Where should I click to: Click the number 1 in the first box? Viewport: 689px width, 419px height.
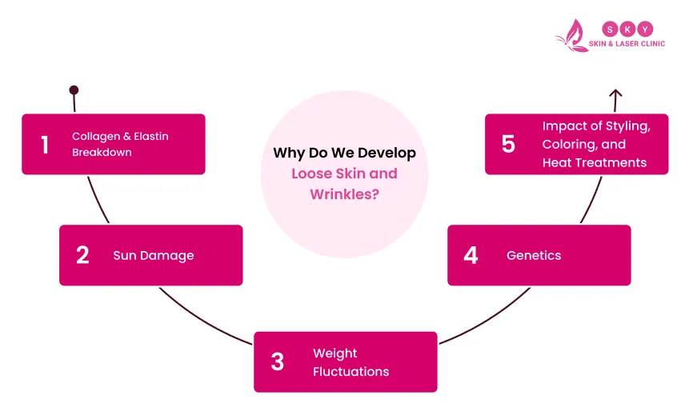click(45, 145)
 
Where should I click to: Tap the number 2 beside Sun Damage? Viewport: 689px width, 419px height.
click(82, 255)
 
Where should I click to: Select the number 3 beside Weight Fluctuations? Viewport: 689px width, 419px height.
click(277, 362)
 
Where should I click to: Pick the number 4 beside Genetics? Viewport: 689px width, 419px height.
click(471, 255)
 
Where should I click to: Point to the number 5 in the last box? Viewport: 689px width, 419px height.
click(508, 144)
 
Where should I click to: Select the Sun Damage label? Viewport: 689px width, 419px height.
click(153, 256)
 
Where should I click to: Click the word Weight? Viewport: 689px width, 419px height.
click(334, 353)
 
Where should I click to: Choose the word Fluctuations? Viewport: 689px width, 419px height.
click(351, 371)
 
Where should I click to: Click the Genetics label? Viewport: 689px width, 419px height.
click(534, 256)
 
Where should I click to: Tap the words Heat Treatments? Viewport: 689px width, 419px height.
click(594, 162)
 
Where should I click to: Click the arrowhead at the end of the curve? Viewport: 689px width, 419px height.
click(615, 94)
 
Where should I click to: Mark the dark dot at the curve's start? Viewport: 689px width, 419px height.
click(74, 90)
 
